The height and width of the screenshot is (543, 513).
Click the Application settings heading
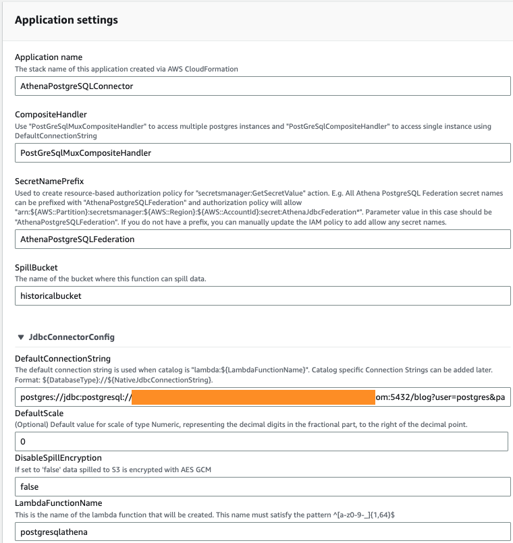pyautogui.click(x=66, y=20)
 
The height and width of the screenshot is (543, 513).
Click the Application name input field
pyautogui.click(x=262, y=86)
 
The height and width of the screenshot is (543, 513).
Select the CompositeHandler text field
pyautogui.click(x=262, y=153)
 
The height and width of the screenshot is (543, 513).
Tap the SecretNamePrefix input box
pyautogui.click(x=262, y=239)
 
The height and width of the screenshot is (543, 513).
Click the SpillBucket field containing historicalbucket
pyautogui.click(x=262, y=295)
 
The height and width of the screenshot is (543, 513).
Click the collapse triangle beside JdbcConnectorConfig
pyautogui.click(x=21, y=337)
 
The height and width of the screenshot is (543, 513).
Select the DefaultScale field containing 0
pyautogui.click(x=262, y=442)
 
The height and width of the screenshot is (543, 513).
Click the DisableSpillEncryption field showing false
pyautogui.click(x=262, y=486)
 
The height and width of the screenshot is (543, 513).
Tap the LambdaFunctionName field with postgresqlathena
pyautogui.click(x=262, y=532)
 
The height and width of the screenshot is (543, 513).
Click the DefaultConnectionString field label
pyautogui.click(x=62, y=359)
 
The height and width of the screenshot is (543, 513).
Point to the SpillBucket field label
pyautogui.click(x=36, y=268)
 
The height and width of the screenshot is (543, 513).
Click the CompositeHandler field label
pyautogui.click(x=51, y=115)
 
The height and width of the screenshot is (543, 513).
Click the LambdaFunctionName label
pyautogui.click(x=58, y=503)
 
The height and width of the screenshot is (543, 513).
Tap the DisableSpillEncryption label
pyautogui.click(x=58, y=458)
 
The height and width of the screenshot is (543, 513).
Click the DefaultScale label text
pyautogui.click(x=40, y=413)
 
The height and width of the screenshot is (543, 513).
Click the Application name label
pyautogui.click(x=49, y=57)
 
